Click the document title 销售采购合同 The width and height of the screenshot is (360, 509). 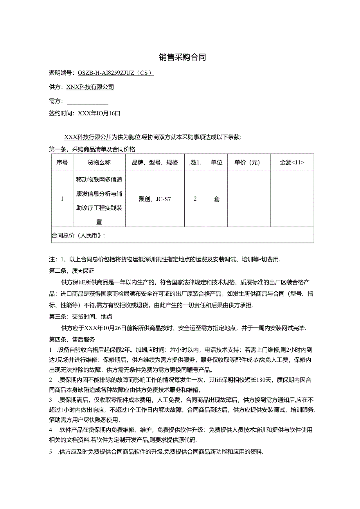(182, 58)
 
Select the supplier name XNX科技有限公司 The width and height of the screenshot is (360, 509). (90, 87)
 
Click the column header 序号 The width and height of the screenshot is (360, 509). (62, 163)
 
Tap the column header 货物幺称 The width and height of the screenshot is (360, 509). (99, 163)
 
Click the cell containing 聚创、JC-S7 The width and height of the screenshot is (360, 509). (155, 199)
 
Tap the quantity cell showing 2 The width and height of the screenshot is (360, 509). (195, 198)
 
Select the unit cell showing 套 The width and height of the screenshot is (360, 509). (216, 199)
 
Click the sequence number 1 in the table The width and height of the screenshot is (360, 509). (62, 198)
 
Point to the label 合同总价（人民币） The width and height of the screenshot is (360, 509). (79, 236)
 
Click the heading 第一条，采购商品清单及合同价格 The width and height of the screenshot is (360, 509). (92, 149)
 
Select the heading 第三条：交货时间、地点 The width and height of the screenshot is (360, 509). (81, 317)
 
